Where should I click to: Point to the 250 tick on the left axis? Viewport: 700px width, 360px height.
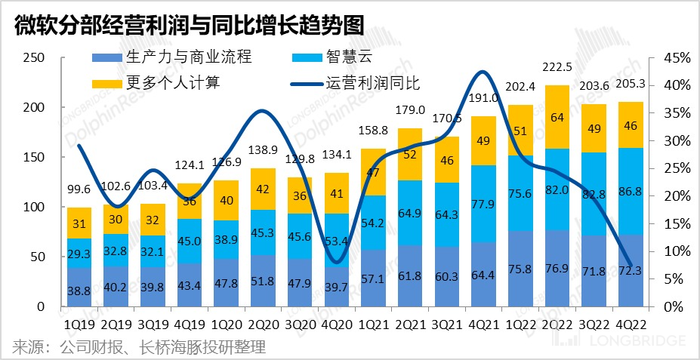tap(34, 58)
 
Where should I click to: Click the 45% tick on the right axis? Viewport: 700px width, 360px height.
tap(675, 58)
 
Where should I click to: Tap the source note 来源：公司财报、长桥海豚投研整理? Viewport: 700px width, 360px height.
tap(139, 347)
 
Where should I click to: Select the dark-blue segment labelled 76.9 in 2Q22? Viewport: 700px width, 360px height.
tap(557, 269)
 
